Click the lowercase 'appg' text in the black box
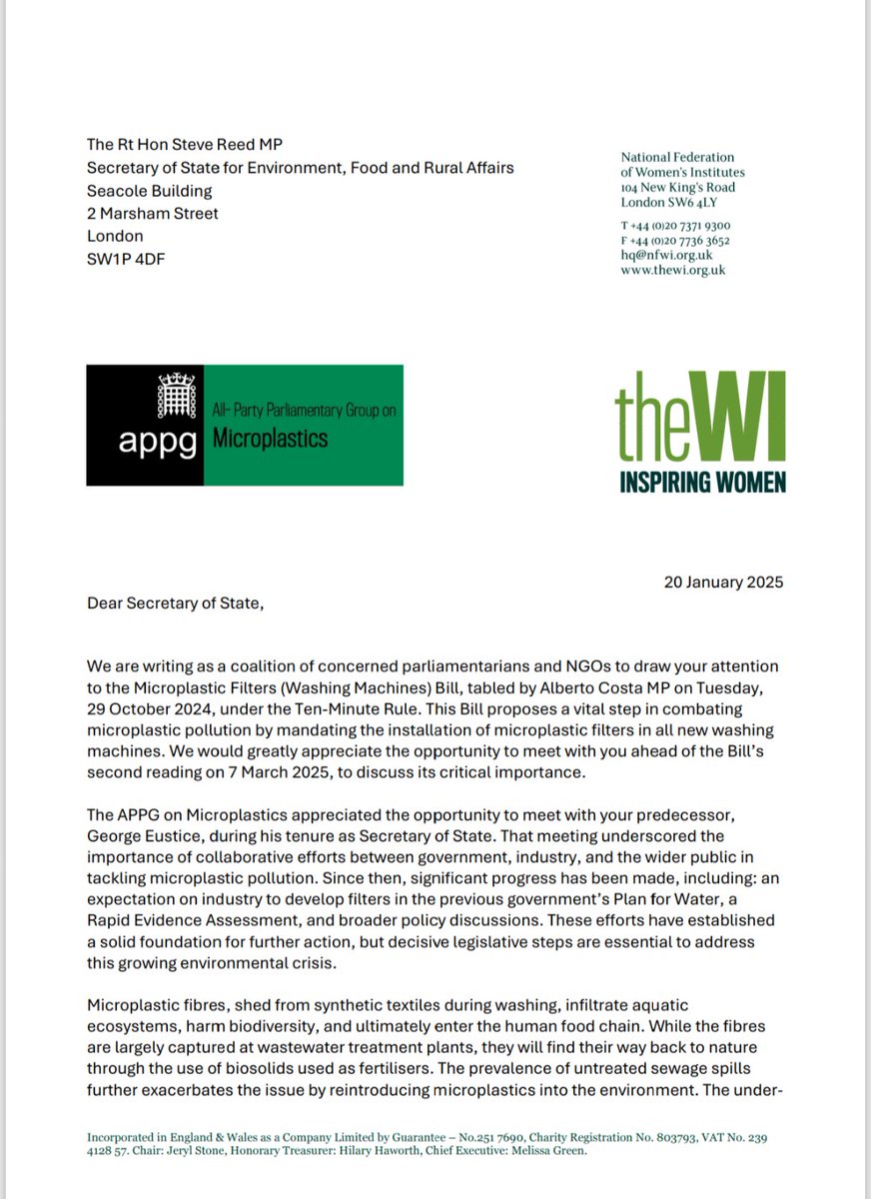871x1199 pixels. pyautogui.click(x=145, y=443)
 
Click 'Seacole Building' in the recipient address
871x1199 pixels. pyautogui.click(x=150, y=190)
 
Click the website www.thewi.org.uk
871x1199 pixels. pyautogui.click(x=673, y=270)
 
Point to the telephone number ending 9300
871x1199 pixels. pyautogui.click(x=675, y=226)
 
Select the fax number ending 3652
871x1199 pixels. pyautogui.click(x=675, y=241)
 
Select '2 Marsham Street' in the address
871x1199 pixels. pyautogui.click(x=152, y=213)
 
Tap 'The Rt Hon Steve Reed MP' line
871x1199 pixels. pyautogui.click(x=186, y=144)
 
